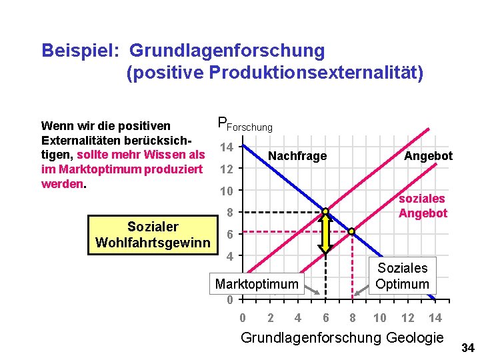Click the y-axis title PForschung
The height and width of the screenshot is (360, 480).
coord(245,125)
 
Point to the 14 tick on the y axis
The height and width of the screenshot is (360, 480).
coord(227,147)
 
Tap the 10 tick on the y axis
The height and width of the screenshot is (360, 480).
coord(227,191)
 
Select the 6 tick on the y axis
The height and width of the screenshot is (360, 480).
coord(229,235)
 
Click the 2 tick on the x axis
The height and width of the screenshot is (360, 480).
coord(270,318)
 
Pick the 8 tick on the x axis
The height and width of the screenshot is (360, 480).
coord(353,318)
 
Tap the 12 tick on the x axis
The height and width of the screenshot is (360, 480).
coord(407,318)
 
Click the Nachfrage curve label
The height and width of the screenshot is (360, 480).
coord(297,156)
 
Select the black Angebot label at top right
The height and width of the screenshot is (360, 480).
coord(428,156)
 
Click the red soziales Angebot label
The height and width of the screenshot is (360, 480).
coord(422,206)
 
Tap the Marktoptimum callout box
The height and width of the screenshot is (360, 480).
coord(257,285)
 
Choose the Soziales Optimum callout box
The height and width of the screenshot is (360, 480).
coord(403,276)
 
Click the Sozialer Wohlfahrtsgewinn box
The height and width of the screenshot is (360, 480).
coord(153,235)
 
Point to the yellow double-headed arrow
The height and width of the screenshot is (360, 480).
coord(325,233)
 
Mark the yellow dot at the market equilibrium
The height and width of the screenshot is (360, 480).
coord(325,212)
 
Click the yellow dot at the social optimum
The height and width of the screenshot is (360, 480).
coord(352,232)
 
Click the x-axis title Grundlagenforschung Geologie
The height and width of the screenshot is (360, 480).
coord(341,338)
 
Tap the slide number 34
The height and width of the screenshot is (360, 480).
coord(467,347)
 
